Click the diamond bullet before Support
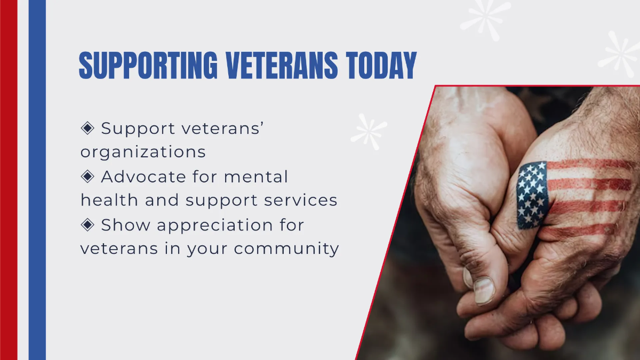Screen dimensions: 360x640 [x=87, y=128]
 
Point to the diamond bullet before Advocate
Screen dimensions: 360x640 [x=87, y=176]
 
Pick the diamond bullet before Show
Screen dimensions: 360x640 [x=87, y=225]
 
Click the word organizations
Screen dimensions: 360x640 [x=143, y=153]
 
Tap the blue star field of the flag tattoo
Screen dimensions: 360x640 [x=532, y=195]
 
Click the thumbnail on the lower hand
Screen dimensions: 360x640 [x=484, y=290]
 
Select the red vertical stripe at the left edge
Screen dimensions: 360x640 [x=9, y=180]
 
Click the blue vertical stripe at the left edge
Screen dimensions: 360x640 [x=37, y=180]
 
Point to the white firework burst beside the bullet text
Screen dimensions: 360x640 [x=369, y=131]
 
